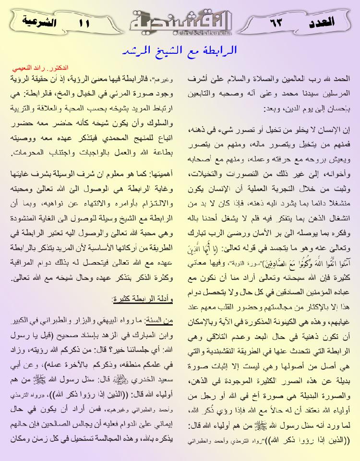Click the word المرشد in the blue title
tap(135, 50)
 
